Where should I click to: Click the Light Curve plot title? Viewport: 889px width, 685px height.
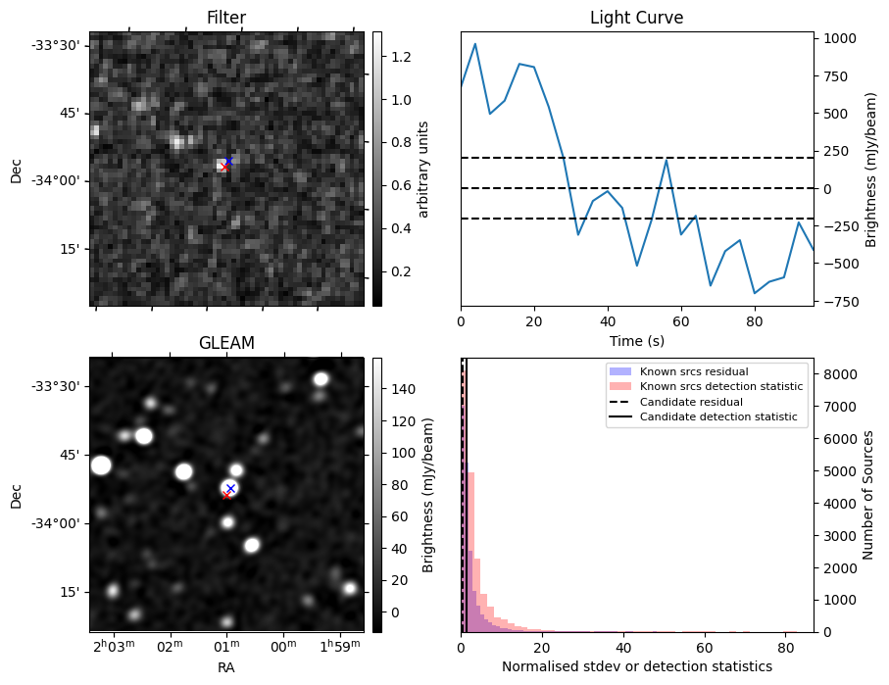[x=636, y=18]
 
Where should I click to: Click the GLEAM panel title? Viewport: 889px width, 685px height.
[x=226, y=342]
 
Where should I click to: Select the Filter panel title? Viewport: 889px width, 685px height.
[x=226, y=18]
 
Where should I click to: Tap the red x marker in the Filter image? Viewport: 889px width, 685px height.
[x=224, y=167]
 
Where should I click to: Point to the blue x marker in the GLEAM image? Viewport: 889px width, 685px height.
[x=231, y=488]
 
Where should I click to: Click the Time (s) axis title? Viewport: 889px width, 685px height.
[x=636, y=338]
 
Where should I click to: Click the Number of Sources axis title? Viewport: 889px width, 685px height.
[x=868, y=495]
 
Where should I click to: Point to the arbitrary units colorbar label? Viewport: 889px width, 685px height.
[x=423, y=169]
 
